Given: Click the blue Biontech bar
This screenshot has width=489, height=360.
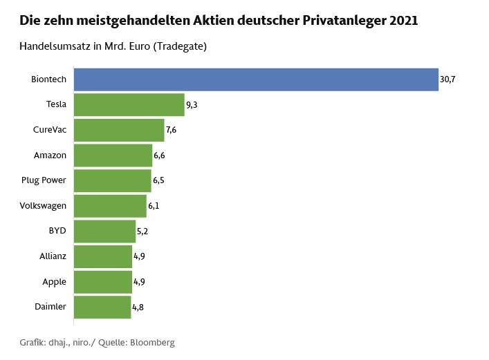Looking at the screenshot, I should point(256,79).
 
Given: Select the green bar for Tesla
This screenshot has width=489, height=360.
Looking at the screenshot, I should point(129,105).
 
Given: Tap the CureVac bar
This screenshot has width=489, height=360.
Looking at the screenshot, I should point(119,130).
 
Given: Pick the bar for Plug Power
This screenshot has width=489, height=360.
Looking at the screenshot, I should point(112,180).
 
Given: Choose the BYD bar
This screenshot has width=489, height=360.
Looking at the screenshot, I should point(104,231).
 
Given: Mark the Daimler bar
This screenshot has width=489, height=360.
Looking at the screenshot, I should point(102,307).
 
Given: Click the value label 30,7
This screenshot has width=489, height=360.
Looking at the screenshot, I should point(448,79).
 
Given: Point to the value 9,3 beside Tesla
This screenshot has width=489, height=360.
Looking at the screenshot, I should point(193,105).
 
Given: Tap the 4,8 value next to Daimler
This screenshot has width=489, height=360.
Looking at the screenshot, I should point(138,307).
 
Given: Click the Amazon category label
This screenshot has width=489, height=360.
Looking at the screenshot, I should point(50,155).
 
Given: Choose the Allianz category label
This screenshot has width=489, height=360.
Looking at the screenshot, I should point(53,256).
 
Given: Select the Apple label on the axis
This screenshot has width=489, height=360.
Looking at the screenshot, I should point(54,281).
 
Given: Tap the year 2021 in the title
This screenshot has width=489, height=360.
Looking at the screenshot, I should point(404,21).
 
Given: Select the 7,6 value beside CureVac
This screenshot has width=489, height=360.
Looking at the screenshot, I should point(172,130).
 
